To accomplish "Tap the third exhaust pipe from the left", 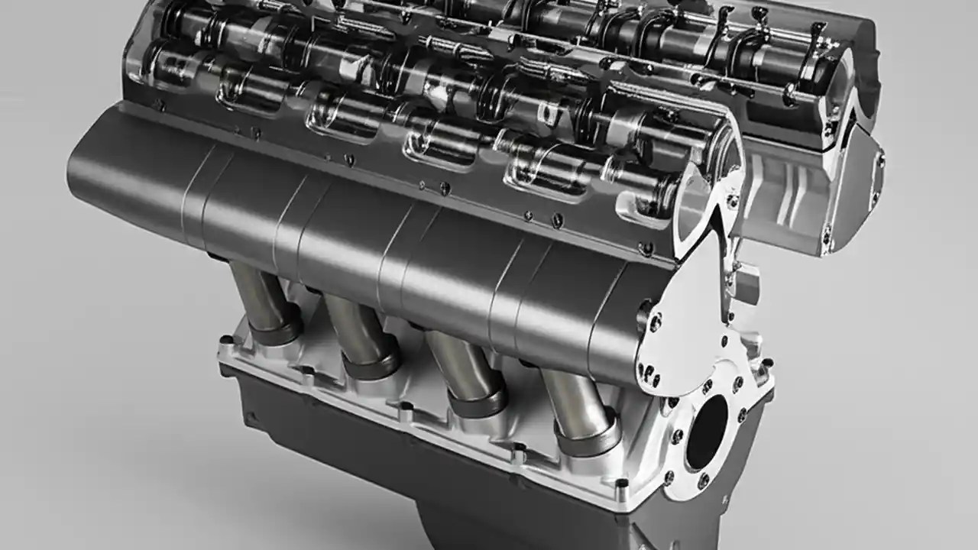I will pos(455,362).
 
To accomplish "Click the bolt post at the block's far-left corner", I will pos(226,341).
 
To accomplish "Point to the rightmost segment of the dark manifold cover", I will pos(604,321).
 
